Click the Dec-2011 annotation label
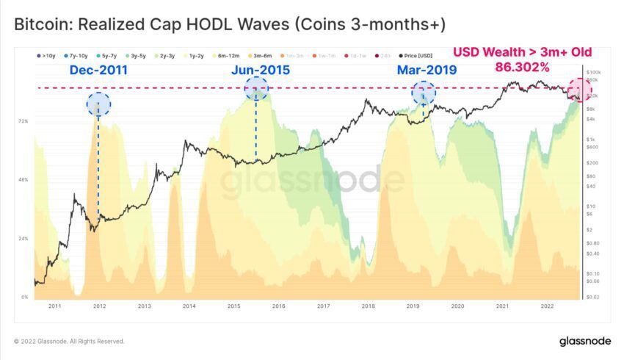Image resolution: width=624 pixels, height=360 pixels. (x=98, y=71)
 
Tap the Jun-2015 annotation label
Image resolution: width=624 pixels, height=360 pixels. (x=260, y=71)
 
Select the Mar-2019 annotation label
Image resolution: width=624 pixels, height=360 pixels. (x=427, y=71)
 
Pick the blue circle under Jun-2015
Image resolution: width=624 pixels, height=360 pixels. (x=256, y=88)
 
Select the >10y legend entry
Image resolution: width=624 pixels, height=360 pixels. (x=46, y=56)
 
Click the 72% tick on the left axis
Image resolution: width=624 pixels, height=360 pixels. (x=23, y=120)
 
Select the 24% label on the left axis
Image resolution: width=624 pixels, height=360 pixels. (x=23, y=239)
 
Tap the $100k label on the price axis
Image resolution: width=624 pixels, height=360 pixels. (x=595, y=73)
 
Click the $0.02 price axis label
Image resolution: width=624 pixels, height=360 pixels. (x=594, y=297)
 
